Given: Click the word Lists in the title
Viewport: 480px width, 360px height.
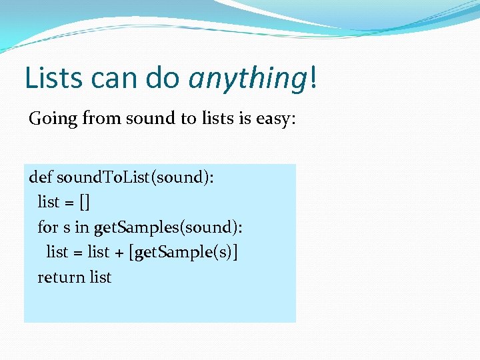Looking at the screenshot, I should [x=54, y=77].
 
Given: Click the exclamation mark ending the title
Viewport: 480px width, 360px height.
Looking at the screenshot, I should [x=312, y=77].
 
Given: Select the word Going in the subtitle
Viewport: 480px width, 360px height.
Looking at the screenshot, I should [x=53, y=119].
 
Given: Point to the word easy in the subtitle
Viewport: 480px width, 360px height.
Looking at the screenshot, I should [x=277, y=119].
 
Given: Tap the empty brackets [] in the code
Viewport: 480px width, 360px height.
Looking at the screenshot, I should [x=84, y=202].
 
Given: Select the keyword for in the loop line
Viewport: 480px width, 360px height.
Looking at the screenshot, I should [x=48, y=227].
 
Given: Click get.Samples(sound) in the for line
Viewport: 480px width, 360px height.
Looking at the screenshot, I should [x=168, y=227].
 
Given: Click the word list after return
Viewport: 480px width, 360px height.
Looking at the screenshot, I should [x=101, y=277].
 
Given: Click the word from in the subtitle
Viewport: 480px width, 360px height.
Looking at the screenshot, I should [x=98, y=119].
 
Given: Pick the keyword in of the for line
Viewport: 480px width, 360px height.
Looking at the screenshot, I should [x=82, y=227].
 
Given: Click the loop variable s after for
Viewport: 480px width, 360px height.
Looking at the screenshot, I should [x=67, y=227].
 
